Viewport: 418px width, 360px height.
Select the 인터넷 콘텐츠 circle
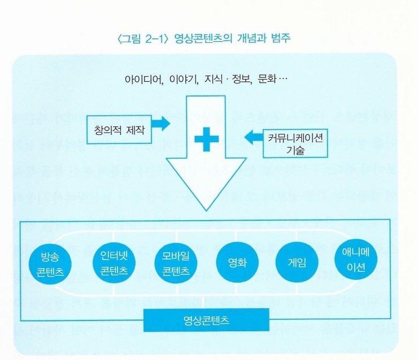click(114, 262)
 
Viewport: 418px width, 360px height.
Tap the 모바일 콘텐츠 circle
click(176, 262)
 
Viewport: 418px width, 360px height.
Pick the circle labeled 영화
click(237, 262)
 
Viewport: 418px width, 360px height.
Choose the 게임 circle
click(297, 262)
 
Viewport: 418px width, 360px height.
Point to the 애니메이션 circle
click(356, 259)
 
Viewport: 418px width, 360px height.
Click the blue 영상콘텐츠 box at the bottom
click(206, 320)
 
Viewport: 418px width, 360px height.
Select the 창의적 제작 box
click(119, 130)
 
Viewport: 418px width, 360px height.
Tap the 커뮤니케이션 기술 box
click(295, 143)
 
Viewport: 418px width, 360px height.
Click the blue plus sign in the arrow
click(206, 139)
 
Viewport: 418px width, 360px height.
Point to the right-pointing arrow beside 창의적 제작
click(161, 123)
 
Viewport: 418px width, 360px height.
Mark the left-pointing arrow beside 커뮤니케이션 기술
click(254, 137)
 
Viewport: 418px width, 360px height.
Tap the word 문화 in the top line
click(267, 79)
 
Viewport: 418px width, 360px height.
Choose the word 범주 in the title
click(281, 38)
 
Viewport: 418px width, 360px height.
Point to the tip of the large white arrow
click(206, 210)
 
